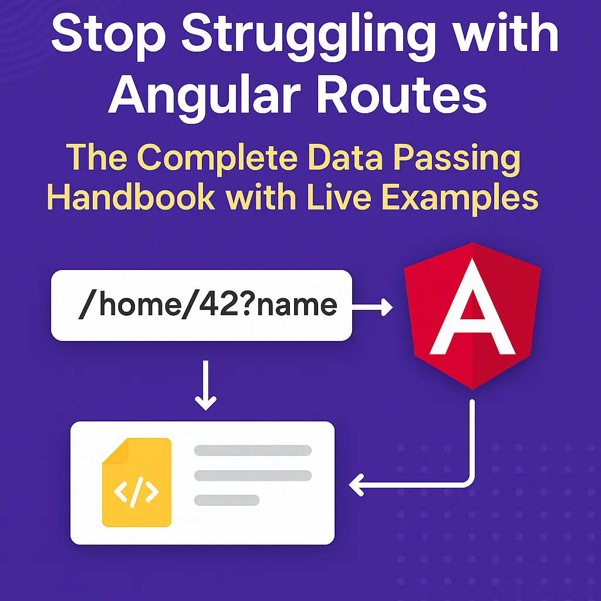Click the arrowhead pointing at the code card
356,485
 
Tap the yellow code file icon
136,482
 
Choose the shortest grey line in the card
227,500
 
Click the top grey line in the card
252,450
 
